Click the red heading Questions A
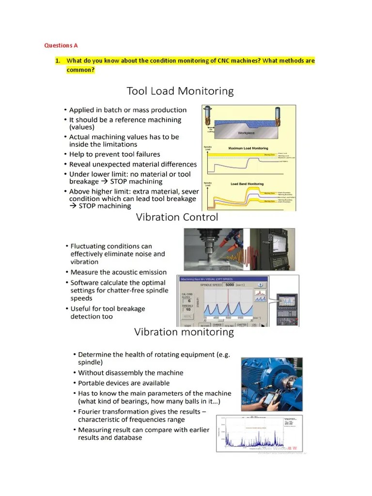click(61, 46)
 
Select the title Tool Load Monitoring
click(180, 91)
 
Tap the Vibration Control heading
click(177, 217)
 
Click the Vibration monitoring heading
click(184, 332)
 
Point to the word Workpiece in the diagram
click(246, 132)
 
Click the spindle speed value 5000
click(229, 285)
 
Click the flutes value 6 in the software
click(188, 301)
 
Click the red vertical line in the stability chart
click(226, 303)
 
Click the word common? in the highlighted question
click(80, 70)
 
